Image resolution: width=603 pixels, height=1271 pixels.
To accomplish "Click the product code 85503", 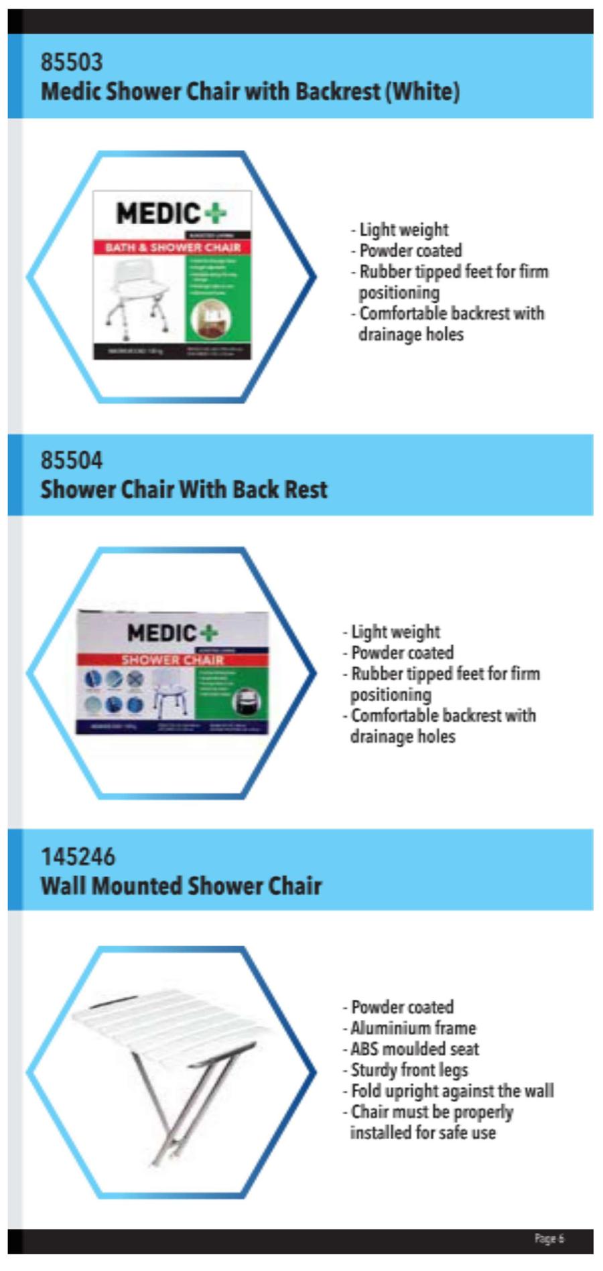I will [72, 62].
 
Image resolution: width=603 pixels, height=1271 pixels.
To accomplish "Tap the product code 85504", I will [72, 460].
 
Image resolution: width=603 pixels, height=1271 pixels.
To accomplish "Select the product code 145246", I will [78, 856].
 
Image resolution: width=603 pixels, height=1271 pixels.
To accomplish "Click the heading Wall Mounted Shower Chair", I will [181, 886].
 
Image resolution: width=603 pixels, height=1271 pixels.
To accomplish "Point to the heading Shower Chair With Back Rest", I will [184, 490].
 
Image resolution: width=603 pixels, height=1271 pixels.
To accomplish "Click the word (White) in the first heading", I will [422, 91].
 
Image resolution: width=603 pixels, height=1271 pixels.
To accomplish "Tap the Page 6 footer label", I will [549, 1238].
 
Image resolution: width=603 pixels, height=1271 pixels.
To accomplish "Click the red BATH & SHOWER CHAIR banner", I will [172, 248].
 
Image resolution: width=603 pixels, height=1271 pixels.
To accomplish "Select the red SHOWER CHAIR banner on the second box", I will [172, 660].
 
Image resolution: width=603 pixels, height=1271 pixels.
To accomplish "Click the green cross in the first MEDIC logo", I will [216, 214].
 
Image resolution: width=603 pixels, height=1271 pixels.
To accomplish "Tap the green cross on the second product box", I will [209, 633].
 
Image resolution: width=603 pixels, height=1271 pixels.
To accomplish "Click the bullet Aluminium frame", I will [413, 1028].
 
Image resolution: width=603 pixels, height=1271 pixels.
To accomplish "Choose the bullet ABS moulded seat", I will [414, 1049].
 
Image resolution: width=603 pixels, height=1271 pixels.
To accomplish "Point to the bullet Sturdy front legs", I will [409, 1070].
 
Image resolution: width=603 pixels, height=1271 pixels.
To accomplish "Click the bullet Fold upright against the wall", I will [452, 1091].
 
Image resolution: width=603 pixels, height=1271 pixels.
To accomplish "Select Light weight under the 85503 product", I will [403, 230].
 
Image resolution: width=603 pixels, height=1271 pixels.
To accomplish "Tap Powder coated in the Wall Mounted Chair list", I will [402, 1007].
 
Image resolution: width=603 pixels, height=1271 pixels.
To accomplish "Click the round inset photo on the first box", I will [208, 318].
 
